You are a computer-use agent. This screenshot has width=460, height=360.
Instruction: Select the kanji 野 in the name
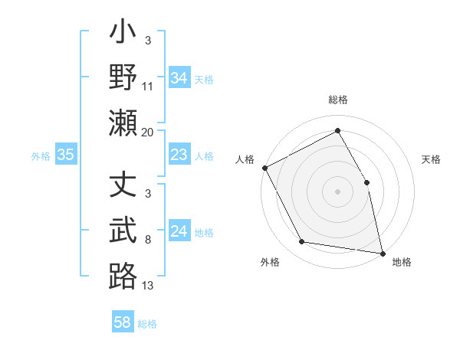tap(123, 78)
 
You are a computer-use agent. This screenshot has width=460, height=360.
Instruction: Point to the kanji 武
tap(123, 231)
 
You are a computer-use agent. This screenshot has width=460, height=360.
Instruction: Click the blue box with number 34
tap(179, 78)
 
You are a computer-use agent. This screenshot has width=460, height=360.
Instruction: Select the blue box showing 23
tap(179, 155)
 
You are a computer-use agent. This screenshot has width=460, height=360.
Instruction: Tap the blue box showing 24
tap(179, 232)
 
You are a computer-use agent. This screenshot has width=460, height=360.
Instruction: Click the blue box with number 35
tap(66, 155)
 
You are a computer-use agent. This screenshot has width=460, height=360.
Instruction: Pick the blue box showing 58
tap(123, 323)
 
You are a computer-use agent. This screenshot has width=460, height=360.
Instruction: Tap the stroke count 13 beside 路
tap(148, 286)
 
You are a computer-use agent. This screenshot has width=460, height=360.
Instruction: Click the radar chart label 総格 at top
tap(338, 100)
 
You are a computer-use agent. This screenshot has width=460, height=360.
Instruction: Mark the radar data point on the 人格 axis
tap(264, 167)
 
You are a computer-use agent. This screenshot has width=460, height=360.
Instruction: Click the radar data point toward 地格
tap(383, 252)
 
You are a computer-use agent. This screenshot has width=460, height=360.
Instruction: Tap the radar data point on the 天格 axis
tap(366, 182)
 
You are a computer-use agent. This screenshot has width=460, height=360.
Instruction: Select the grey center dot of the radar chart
tap(338, 191)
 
